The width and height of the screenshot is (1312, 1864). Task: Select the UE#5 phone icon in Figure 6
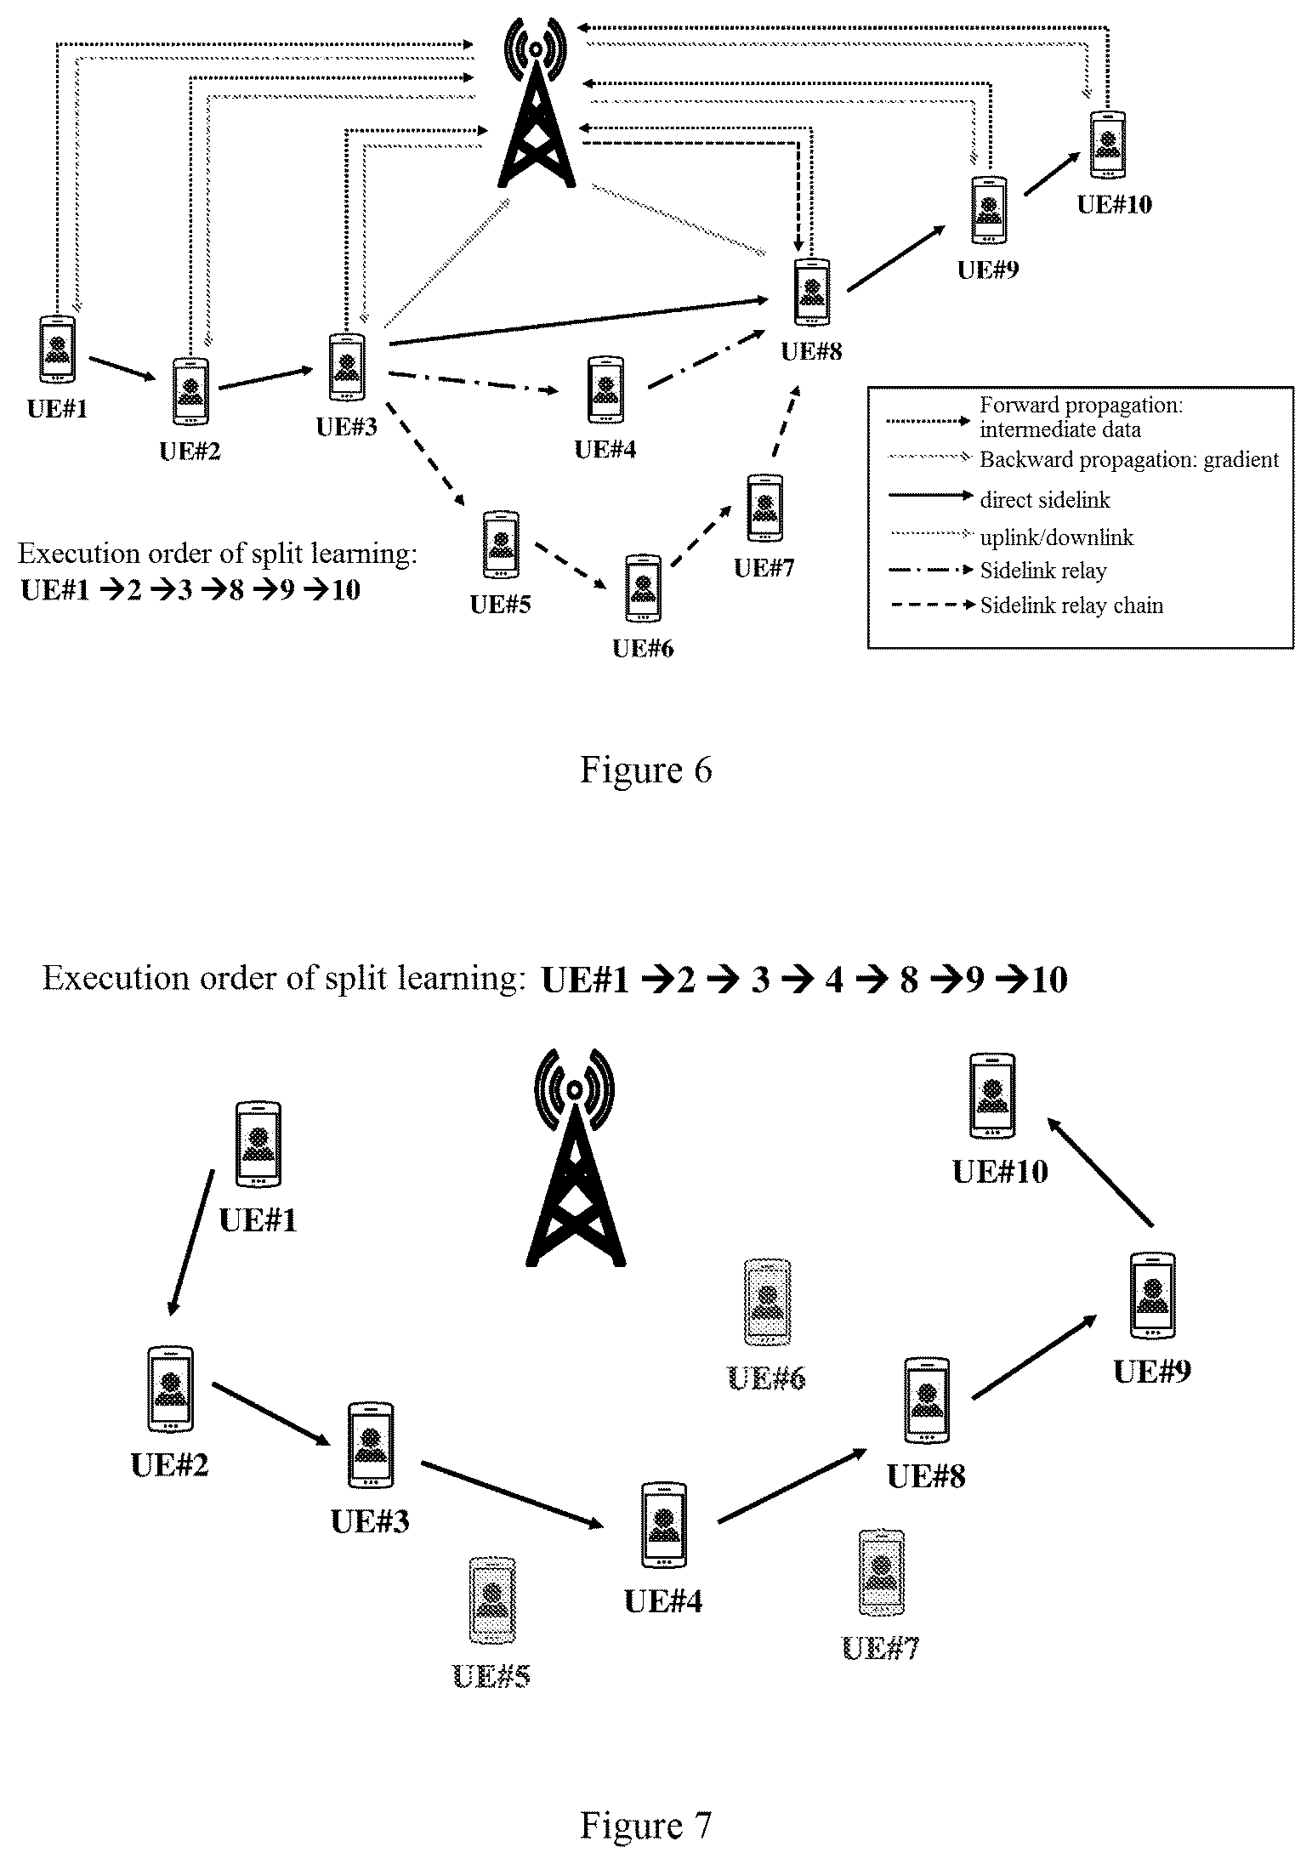(501, 544)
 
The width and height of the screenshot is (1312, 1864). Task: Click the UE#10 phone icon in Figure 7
(992, 1095)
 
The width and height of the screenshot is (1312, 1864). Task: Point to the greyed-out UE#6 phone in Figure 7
(768, 1302)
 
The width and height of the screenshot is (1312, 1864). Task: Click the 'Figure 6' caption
(645, 770)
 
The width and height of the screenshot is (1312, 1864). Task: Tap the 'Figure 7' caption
(645, 1825)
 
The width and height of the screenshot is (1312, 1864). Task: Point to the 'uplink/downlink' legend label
(1057, 537)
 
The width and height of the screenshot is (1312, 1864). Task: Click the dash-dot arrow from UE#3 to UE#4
(474, 383)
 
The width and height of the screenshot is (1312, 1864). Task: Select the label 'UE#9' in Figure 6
(988, 270)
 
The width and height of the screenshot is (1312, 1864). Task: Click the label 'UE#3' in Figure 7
(370, 1520)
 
